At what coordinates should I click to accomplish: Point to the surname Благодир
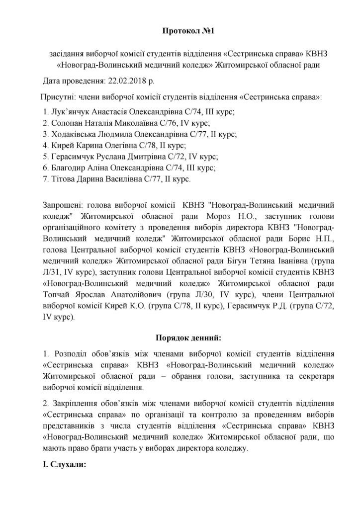pyautogui.click(x=68, y=169)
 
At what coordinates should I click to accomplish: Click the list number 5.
pyautogui.click(x=45, y=157)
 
